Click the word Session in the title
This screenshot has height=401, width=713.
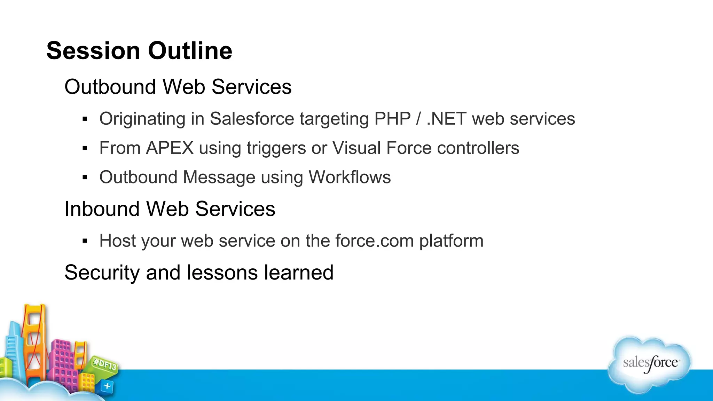(x=93, y=51)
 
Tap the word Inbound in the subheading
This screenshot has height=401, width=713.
(x=102, y=209)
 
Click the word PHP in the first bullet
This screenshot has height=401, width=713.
(x=392, y=119)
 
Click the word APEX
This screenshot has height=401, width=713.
(x=170, y=148)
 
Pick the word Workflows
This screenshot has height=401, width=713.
(x=350, y=177)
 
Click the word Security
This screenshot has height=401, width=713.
(x=102, y=273)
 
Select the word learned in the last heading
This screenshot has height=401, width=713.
(x=299, y=273)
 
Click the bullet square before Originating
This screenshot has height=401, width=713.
(x=85, y=119)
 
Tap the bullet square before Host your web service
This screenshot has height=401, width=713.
(x=85, y=241)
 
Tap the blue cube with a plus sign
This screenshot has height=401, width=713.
(x=107, y=386)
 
